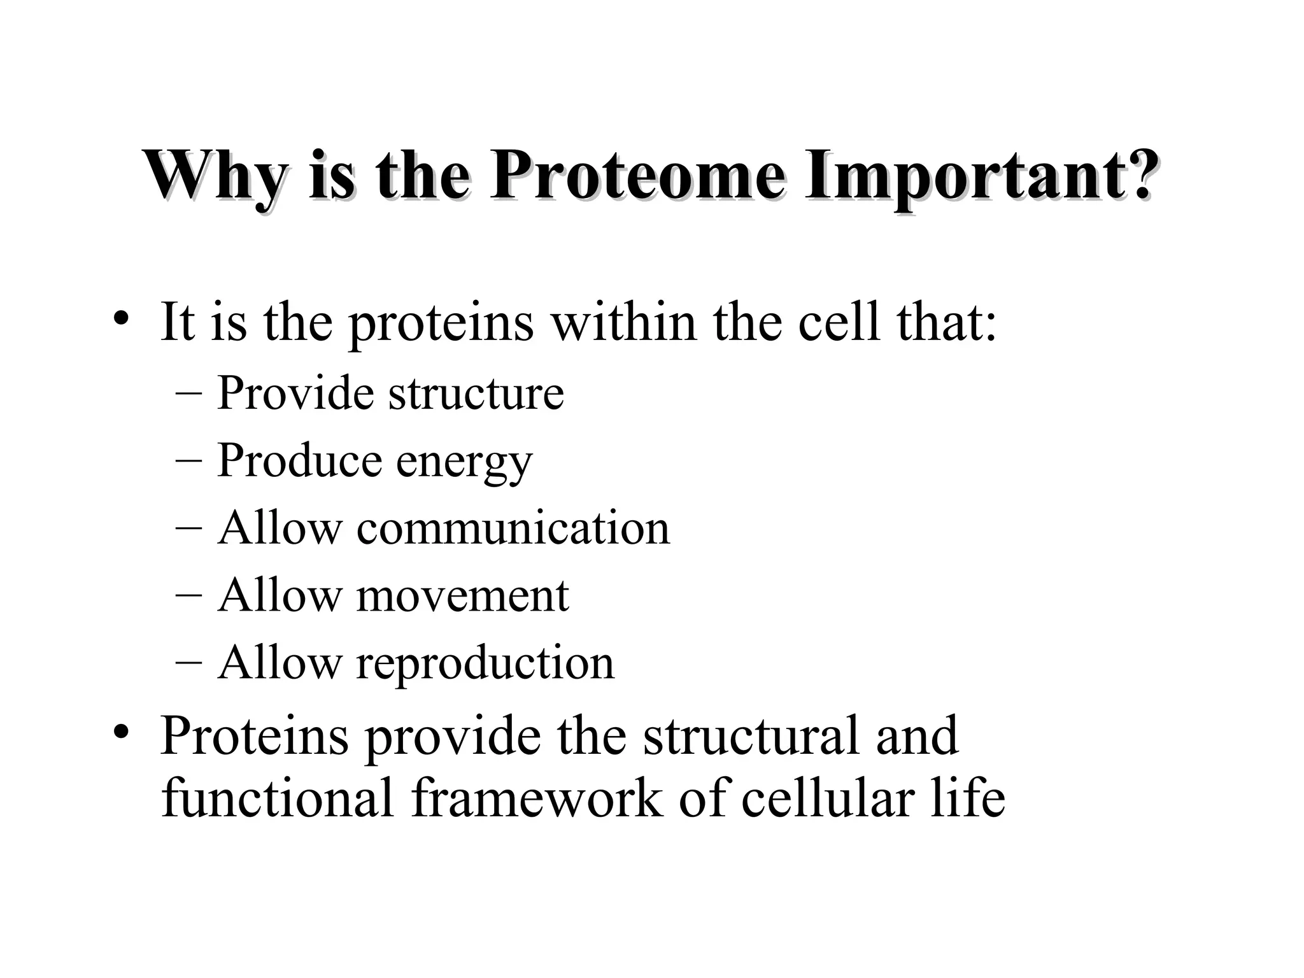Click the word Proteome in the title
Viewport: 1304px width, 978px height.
point(637,175)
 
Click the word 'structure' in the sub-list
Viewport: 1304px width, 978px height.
point(476,393)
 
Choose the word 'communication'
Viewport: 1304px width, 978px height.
point(513,528)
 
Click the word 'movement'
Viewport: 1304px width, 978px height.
point(462,596)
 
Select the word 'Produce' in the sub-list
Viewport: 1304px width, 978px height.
point(299,460)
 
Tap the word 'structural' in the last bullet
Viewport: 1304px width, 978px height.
point(751,735)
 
